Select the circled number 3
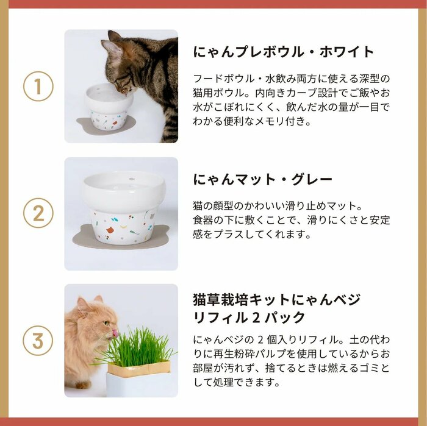coord(38,341)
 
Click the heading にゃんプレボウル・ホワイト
coord(284,51)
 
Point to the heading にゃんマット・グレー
coord(263,180)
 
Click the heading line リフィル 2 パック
coord(249,318)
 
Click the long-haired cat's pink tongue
coord(113,333)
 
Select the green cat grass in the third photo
coord(137,347)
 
